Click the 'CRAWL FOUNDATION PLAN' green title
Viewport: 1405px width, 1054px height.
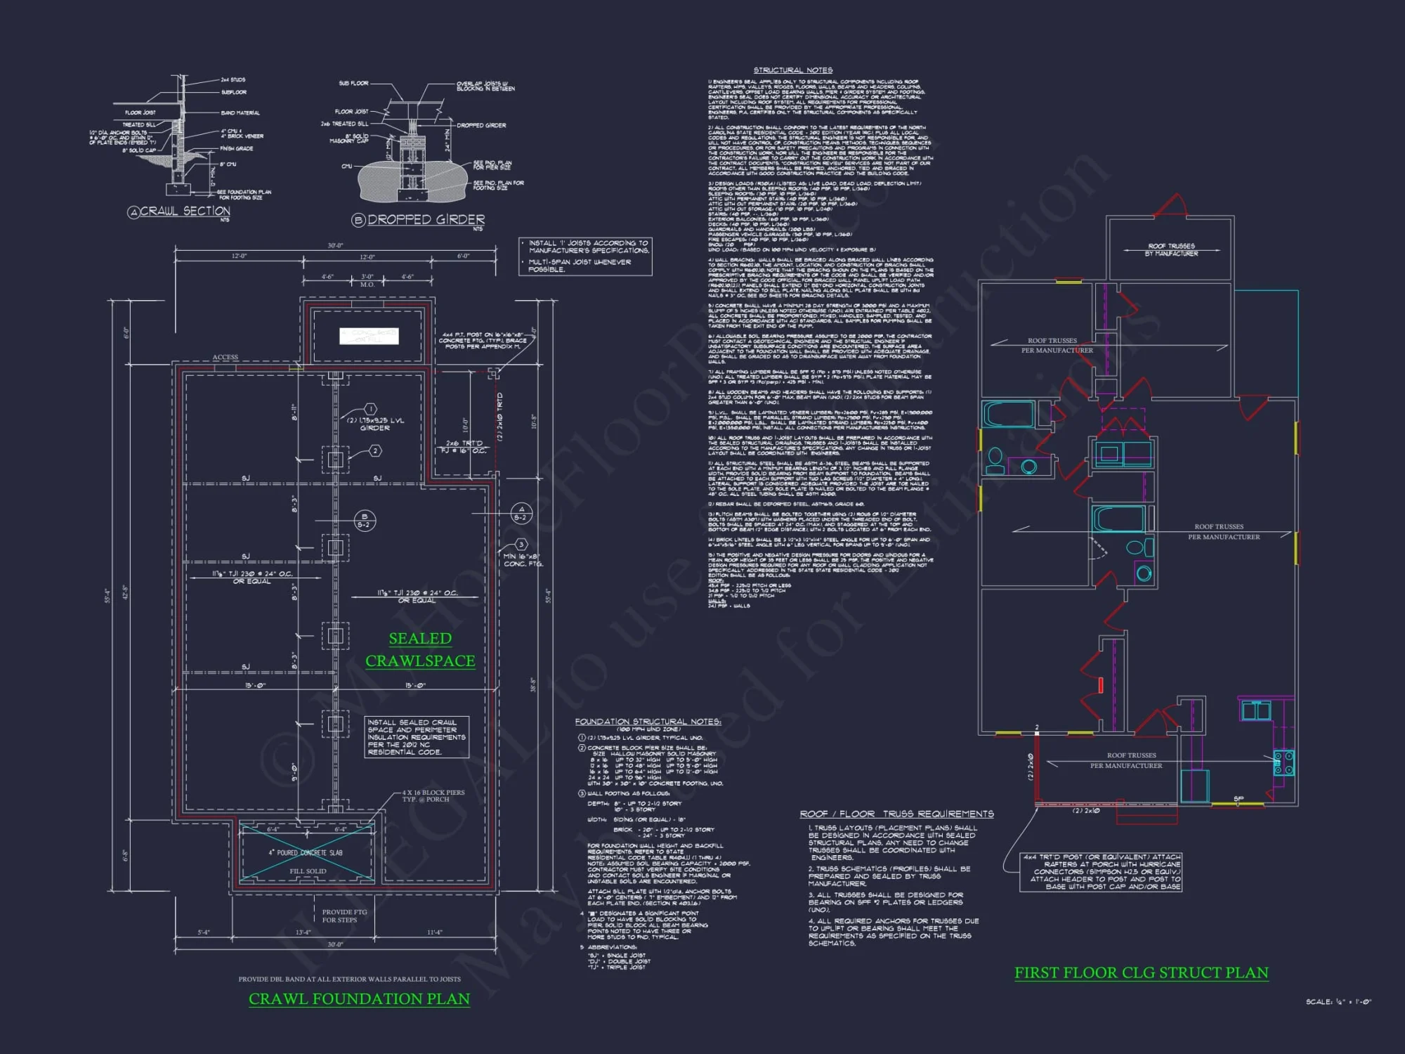tap(359, 998)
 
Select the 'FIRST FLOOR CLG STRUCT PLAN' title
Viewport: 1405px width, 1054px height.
tap(1141, 972)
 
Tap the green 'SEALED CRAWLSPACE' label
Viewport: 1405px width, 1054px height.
tap(420, 649)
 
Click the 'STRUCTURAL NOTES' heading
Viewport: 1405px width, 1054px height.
tap(792, 70)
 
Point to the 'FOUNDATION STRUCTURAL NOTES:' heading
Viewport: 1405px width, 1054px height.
tap(647, 722)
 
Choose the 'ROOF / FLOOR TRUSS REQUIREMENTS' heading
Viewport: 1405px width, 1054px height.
tap(896, 814)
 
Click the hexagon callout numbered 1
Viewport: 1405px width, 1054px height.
tap(371, 409)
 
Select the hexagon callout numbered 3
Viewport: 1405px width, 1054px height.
tap(521, 545)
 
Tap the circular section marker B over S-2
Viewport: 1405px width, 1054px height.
tap(364, 521)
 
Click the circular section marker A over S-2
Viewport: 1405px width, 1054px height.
tap(521, 514)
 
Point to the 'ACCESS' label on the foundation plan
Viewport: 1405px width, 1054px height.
tap(225, 357)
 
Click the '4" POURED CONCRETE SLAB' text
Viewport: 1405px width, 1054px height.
tap(306, 852)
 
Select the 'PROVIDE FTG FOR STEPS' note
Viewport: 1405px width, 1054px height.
tap(344, 916)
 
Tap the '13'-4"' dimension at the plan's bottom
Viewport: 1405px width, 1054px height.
tap(303, 932)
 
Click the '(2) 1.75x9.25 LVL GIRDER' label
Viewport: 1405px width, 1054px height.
tap(375, 424)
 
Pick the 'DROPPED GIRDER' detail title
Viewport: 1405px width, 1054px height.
tap(426, 219)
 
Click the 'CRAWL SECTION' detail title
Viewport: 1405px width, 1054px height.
tap(185, 211)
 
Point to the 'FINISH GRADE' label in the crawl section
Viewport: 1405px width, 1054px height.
tap(236, 148)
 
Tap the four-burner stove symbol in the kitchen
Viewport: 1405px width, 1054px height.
tap(1284, 762)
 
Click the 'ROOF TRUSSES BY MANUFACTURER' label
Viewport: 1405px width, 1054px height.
tap(1171, 249)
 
